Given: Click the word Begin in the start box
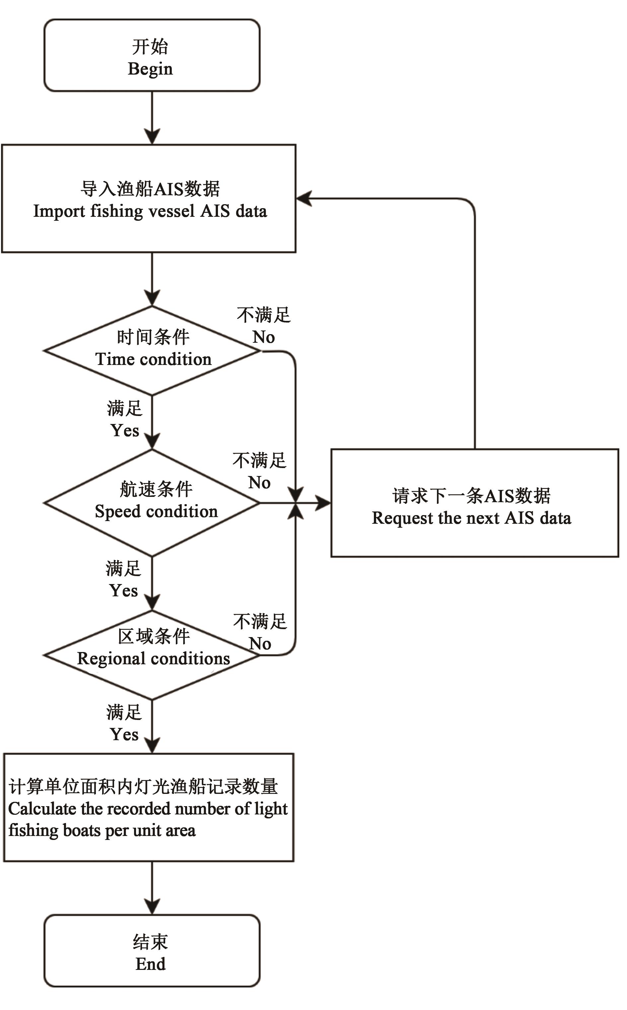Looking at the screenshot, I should (x=150, y=68).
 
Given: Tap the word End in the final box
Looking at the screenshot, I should (x=150, y=964).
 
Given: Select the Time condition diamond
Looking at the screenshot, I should (x=152, y=350).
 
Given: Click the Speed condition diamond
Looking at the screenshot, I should (x=152, y=503).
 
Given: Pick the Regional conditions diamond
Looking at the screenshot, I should (x=152, y=655).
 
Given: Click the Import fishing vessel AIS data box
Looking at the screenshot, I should (x=149, y=199).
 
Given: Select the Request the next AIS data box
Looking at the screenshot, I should (x=474, y=503).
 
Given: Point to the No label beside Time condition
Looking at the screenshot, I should (x=264, y=337).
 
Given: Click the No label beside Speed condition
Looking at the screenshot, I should (x=259, y=483).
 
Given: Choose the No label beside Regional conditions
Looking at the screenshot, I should (x=260, y=643).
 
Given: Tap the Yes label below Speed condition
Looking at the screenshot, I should (x=123, y=590).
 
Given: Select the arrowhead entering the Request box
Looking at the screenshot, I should (x=323, y=503).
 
